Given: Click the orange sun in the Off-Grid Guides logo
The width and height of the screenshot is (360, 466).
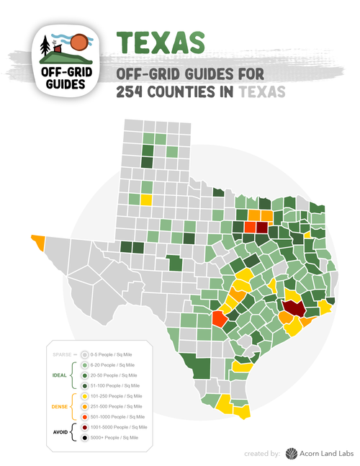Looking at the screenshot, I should pos(81,43).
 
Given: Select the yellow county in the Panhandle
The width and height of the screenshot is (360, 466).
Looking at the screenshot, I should pos(147,200).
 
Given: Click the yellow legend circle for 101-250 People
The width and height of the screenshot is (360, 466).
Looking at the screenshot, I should pos(85,396).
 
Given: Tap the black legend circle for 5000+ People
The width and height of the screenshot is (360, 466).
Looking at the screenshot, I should pos(85,437).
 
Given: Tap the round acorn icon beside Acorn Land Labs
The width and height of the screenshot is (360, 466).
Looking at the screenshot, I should pos(291,453).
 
